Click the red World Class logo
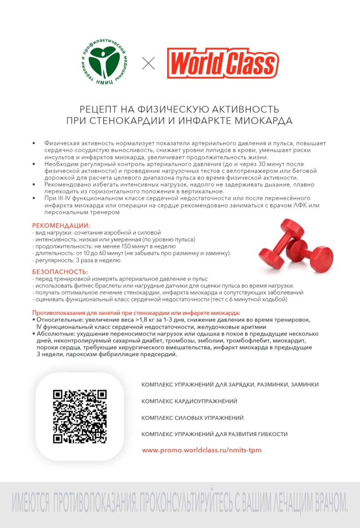pos(223,63)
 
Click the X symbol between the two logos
pos(148,63)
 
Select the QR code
pos(80,416)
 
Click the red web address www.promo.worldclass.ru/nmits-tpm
pos(202,450)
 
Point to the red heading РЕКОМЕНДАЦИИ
pos(61,226)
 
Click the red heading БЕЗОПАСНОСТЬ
pos(60,272)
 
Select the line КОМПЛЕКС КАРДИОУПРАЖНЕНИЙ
pos(189,401)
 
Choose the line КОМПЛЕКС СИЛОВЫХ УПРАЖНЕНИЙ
pos(192,418)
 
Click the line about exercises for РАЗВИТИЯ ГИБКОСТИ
pos(214,434)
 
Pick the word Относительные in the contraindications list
pos(59,320)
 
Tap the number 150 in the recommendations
pos(126,246)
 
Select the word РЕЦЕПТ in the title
pos(98,110)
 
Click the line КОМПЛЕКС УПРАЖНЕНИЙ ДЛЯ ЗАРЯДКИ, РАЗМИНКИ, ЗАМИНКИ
pos(230,384)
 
